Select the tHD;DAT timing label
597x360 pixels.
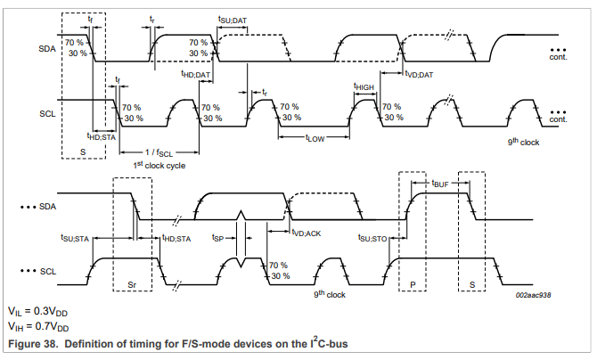pyautogui.click(x=195, y=74)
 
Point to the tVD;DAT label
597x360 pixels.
pyautogui.click(x=418, y=74)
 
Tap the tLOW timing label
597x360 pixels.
pyautogui.click(x=315, y=138)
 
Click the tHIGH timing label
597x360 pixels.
pyautogui.click(x=364, y=86)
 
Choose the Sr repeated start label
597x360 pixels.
pyautogui.click(x=132, y=284)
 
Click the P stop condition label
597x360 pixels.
pyautogui.click(x=412, y=284)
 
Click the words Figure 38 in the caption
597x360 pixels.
pyautogui.click(x=34, y=343)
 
